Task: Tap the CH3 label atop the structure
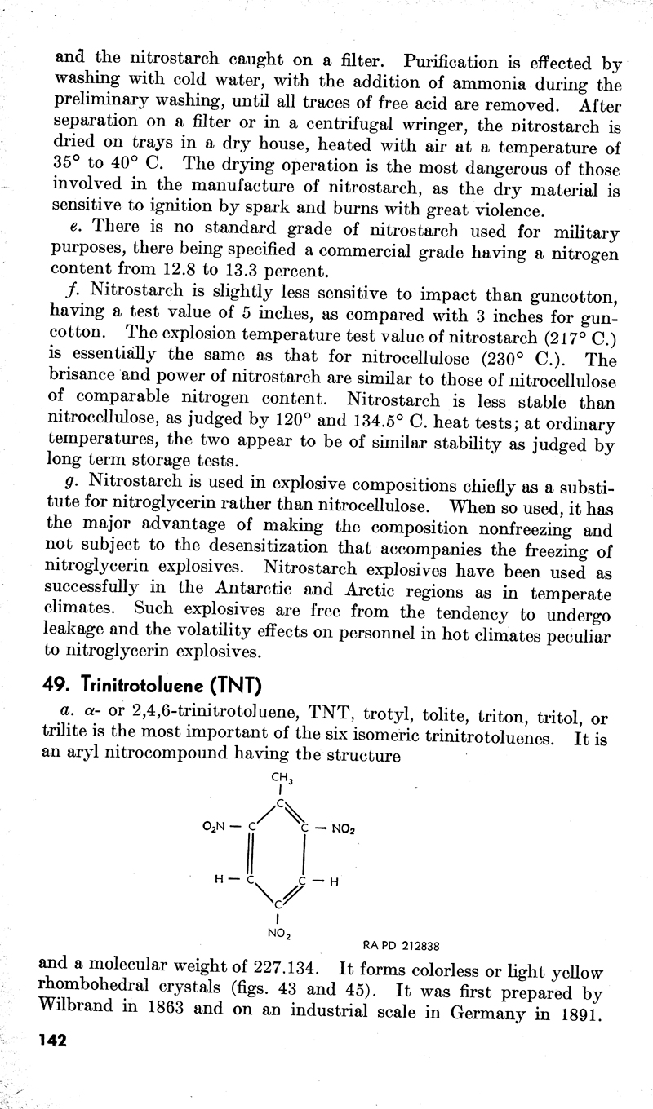pos(279,779)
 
